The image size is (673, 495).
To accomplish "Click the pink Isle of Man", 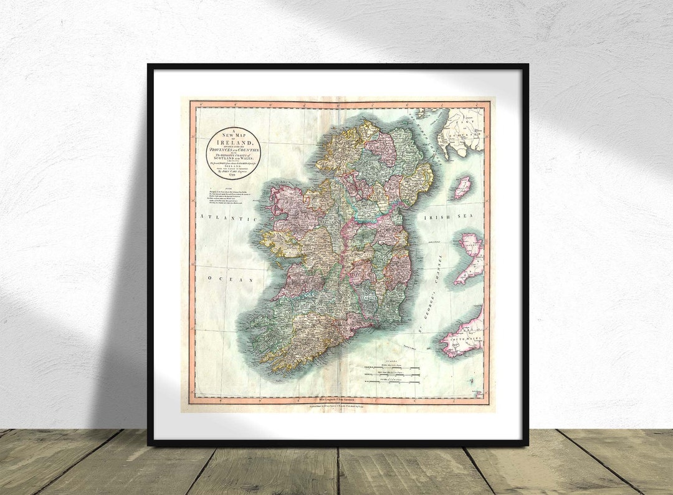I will tap(461, 187).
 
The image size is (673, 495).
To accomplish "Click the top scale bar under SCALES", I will tap(393, 368).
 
